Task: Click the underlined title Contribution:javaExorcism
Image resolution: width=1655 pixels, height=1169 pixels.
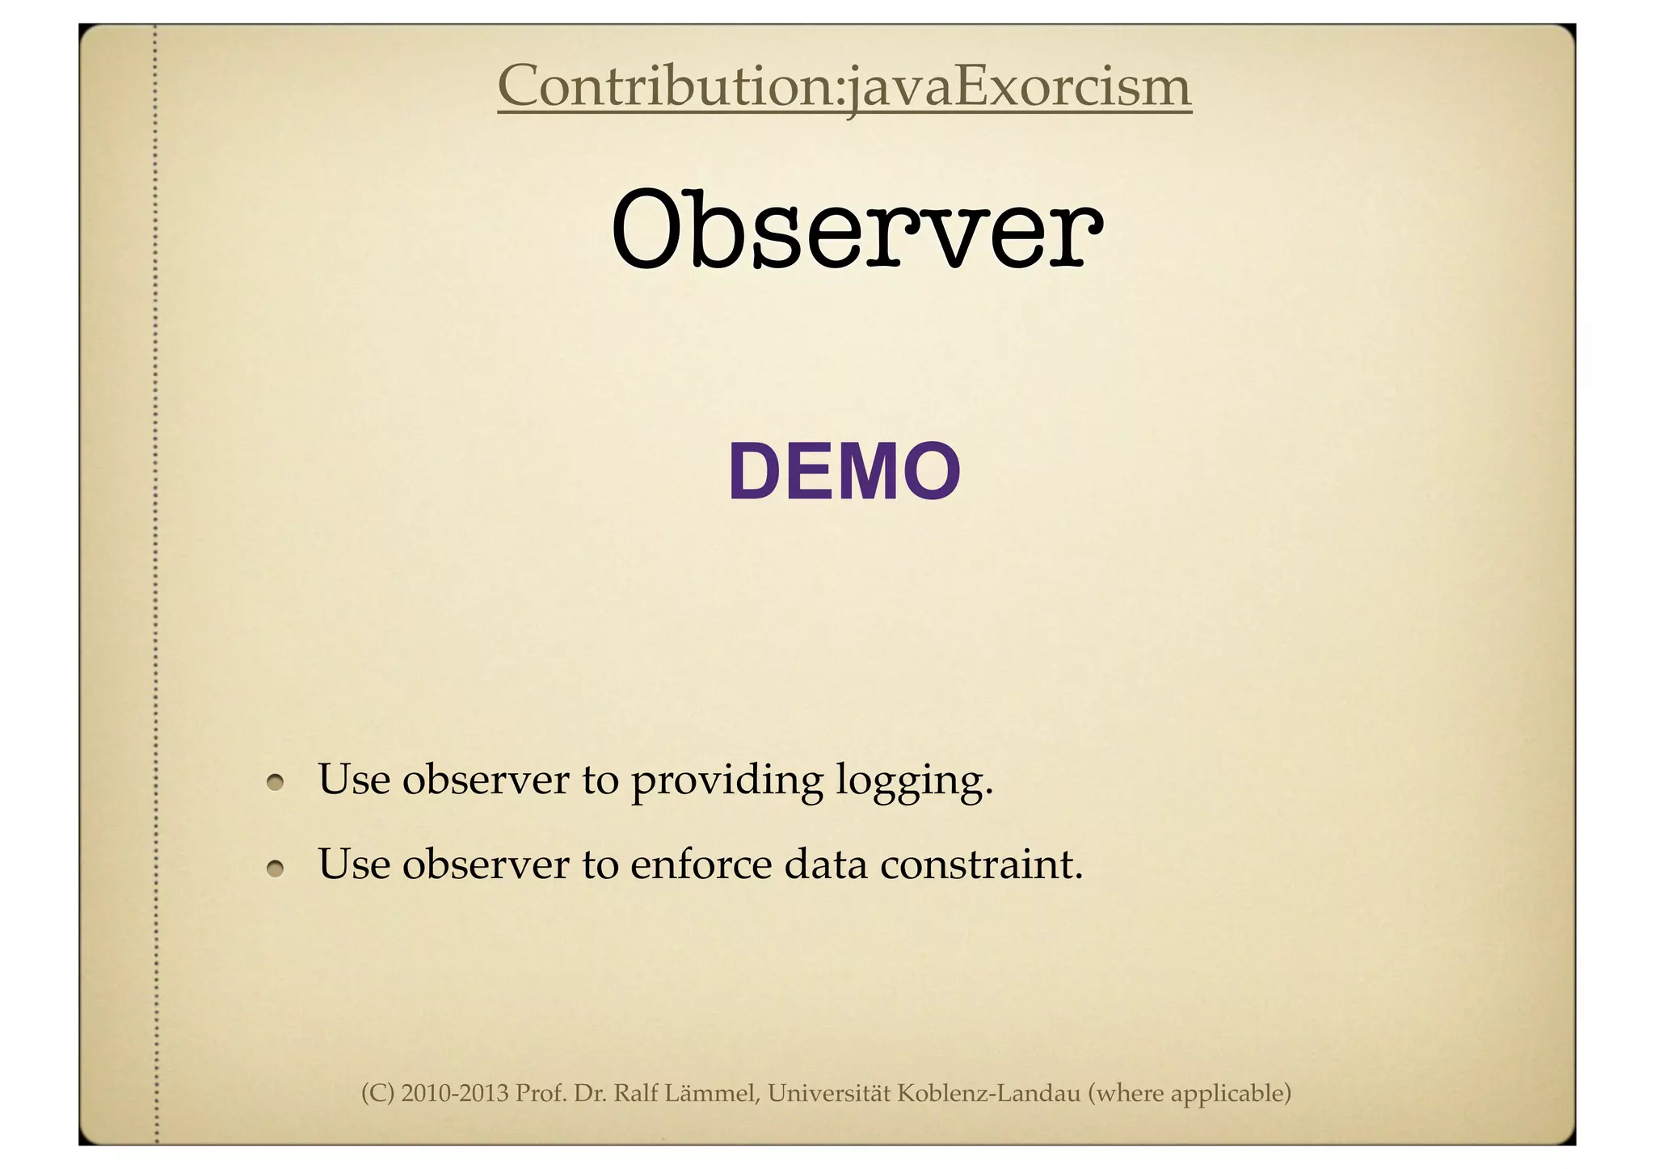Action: pos(844,86)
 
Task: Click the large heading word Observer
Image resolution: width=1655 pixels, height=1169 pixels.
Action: pos(856,229)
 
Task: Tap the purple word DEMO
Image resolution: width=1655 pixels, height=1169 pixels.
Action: pos(844,473)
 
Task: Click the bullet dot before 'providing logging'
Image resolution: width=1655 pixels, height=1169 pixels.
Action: pos(276,783)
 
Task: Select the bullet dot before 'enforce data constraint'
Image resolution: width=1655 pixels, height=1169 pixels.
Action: pos(276,868)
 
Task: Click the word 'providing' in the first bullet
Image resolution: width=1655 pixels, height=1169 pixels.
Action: pos(726,780)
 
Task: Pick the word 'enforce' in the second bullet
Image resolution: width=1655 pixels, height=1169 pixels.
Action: pos(701,864)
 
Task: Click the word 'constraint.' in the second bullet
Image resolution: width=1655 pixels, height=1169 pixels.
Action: pos(980,864)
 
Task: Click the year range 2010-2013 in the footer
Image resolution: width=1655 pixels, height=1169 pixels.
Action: pos(454,1094)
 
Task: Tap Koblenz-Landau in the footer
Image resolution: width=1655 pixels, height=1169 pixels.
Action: pos(988,1094)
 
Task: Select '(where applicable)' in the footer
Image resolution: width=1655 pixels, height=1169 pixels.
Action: pos(1190,1094)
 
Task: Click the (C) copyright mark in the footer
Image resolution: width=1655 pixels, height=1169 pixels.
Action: pos(377,1094)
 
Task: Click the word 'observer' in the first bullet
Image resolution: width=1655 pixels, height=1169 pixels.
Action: pos(485,780)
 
